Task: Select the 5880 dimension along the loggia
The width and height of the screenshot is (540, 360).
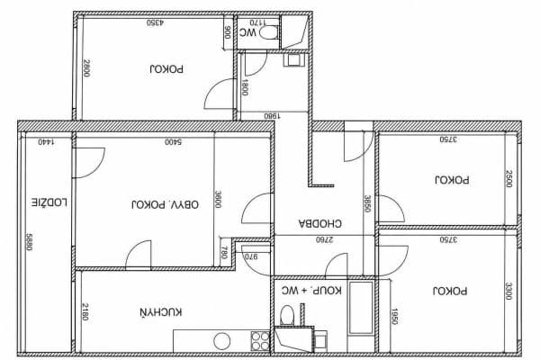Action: coord(30,243)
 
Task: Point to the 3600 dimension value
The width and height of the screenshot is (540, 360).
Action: coord(217,199)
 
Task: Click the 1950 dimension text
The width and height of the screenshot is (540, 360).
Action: coord(393,317)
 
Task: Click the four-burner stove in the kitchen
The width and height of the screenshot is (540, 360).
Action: coord(259,340)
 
